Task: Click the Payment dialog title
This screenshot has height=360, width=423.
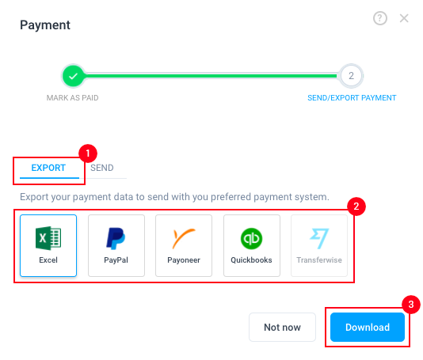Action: [45, 25]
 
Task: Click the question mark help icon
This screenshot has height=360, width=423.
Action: [380, 18]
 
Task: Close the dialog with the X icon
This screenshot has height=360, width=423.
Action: [404, 18]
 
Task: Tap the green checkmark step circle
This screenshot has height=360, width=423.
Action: [73, 76]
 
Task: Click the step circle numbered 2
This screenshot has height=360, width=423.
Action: [351, 76]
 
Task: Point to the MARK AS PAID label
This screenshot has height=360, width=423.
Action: [73, 98]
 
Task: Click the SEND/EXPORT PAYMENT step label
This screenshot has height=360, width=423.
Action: [352, 98]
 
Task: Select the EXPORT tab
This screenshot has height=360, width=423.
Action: [48, 168]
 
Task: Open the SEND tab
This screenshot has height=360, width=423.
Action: [102, 168]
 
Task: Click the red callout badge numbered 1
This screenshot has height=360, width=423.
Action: [88, 153]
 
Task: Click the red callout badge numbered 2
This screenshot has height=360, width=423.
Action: [356, 207]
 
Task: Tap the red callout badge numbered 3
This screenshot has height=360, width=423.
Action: [411, 305]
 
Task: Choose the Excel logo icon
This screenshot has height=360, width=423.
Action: [48, 238]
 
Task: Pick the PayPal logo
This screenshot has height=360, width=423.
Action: [116, 238]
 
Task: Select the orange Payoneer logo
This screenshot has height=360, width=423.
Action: [184, 238]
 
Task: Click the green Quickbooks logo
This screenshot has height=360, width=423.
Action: [251, 238]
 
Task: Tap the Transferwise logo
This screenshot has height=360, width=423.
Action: [319, 238]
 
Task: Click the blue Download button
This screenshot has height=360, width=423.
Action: [368, 327]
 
